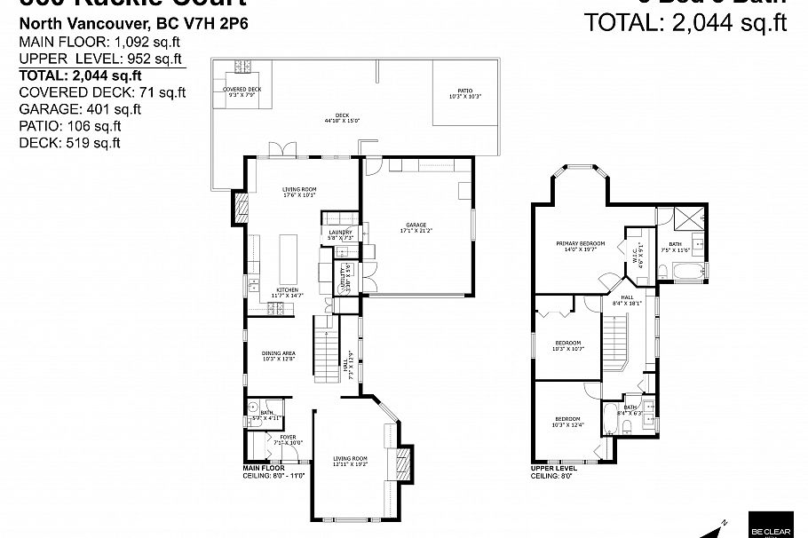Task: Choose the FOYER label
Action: click(288, 439)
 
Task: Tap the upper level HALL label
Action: click(627, 300)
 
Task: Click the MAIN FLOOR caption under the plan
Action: click(265, 467)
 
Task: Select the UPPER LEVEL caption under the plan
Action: click(554, 467)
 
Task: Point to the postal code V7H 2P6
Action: click(219, 24)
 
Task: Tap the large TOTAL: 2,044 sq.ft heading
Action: click(686, 22)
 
